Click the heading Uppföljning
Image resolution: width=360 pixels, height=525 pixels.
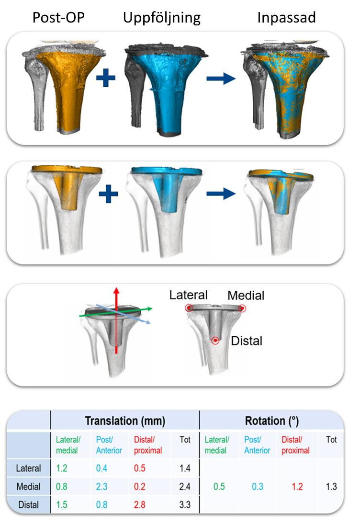coord(162,18)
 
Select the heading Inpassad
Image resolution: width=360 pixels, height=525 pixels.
coord(287,18)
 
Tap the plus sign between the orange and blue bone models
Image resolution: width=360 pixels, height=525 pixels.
coord(106,78)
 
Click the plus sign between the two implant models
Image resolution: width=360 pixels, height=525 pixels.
coord(109,195)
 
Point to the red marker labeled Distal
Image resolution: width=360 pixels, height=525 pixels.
coord(216,341)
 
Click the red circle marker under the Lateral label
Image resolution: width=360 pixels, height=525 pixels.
coord(190,308)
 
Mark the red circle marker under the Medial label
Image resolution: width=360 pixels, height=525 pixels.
coord(242,308)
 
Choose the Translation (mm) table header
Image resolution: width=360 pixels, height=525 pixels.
coord(125,421)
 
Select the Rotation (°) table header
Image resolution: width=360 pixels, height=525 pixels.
coord(272,421)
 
